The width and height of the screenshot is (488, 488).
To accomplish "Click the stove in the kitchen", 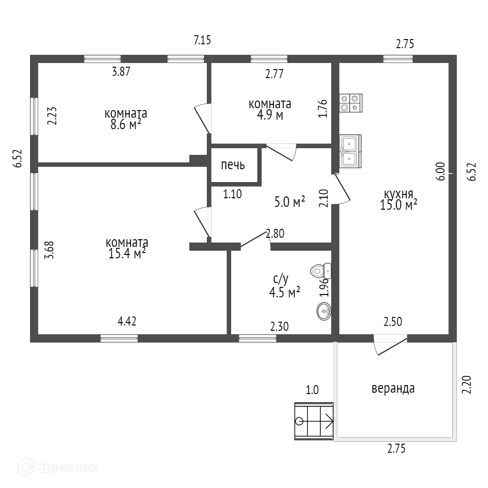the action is (x=350, y=103).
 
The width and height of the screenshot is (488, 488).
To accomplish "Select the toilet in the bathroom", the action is (x=321, y=271).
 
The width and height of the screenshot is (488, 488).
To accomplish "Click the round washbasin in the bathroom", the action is (x=324, y=311).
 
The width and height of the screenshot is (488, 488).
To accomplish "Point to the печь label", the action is (x=233, y=165).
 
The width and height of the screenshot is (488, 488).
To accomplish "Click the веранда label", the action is (x=393, y=388).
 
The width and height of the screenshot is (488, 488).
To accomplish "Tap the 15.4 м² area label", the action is (x=127, y=253).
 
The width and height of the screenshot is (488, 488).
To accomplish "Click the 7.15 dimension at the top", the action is (x=202, y=41).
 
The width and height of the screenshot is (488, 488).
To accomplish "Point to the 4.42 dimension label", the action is (x=127, y=321).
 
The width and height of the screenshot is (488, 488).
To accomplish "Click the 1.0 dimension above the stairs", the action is (x=312, y=390).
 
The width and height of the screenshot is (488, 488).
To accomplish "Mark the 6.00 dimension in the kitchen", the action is (x=440, y=171).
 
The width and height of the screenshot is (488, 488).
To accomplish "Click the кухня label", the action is (x=398, y=194).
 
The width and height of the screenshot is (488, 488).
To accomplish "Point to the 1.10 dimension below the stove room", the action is (x=233, y=194).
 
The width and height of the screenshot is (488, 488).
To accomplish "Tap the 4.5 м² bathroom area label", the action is (x=285, y=292).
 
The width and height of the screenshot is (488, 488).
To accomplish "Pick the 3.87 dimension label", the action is (x=121, y=72).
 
